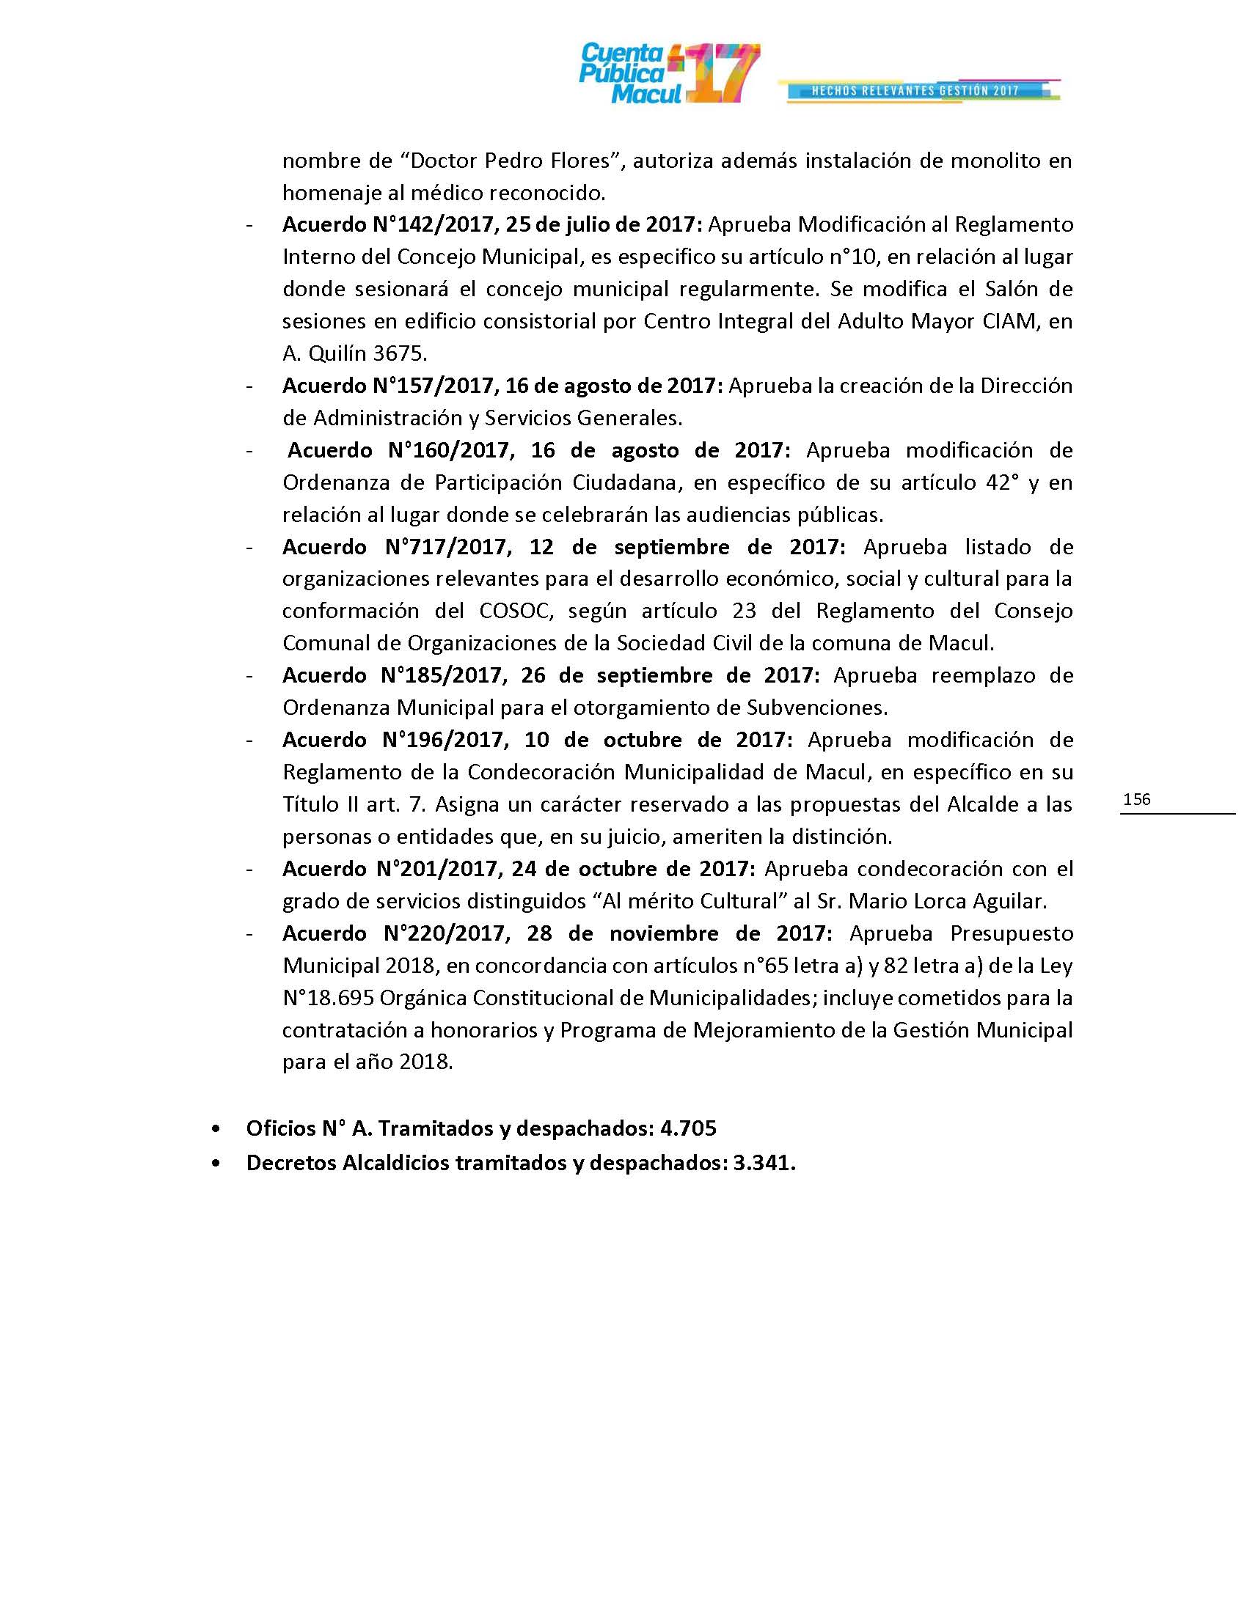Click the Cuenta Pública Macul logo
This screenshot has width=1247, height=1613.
pos(668,74)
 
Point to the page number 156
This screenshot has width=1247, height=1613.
pos(1136,799)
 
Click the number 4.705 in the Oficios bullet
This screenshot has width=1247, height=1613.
pos(689,1128)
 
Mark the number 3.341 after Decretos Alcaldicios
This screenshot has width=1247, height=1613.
pos(764,1163)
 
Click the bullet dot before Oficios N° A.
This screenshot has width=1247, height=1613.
pos(215,1128)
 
